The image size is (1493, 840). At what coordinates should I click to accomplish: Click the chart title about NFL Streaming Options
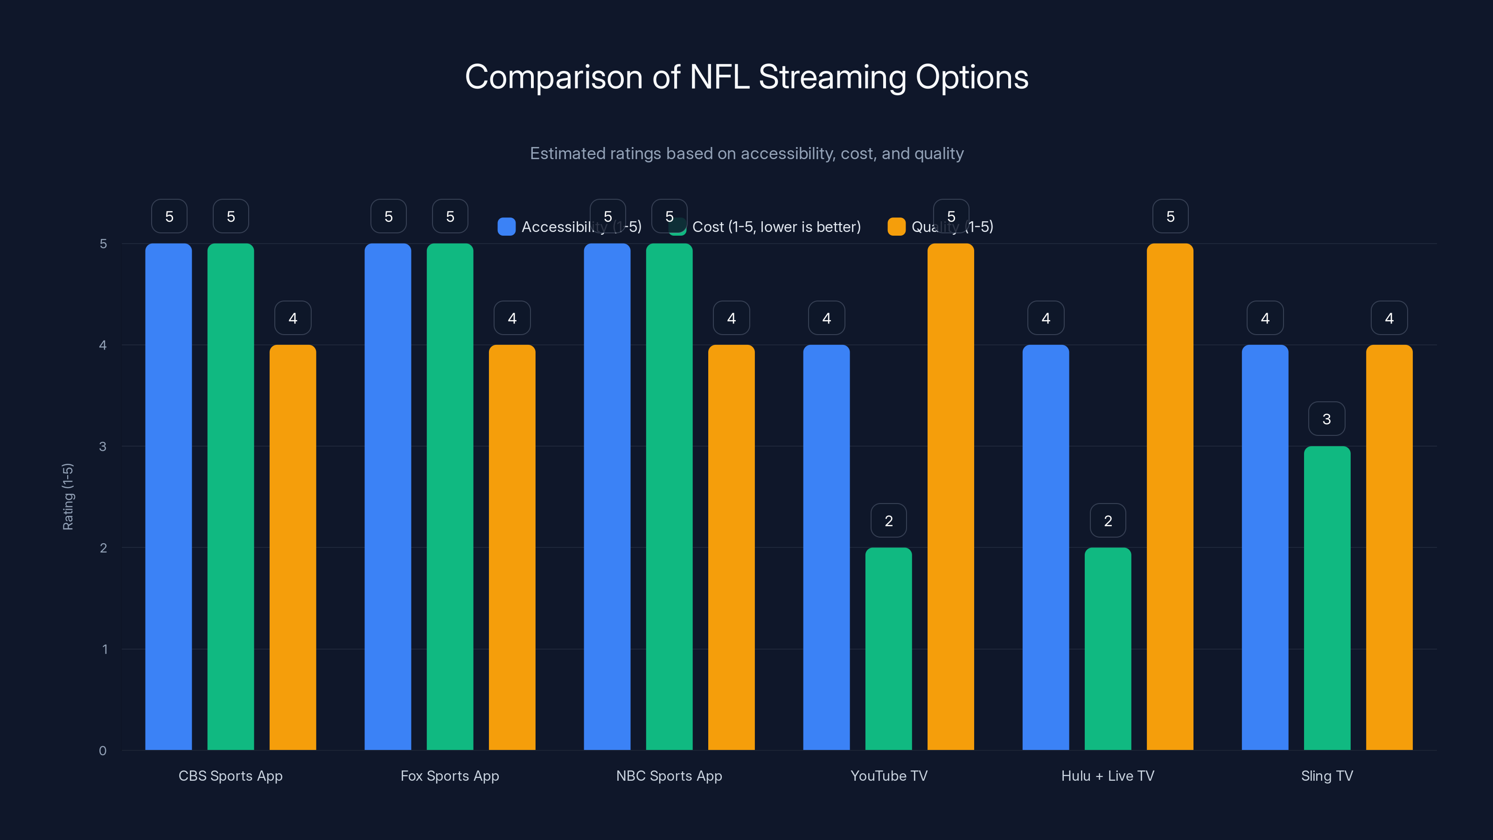pos(746,77)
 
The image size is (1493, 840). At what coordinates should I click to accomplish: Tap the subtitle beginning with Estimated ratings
pos(746,154)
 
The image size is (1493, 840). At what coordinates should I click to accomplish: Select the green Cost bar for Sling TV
pos(1326,597)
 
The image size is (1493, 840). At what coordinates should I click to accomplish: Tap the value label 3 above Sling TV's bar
pos(1326,419)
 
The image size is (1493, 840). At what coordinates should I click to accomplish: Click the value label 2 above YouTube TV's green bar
pos(888,521)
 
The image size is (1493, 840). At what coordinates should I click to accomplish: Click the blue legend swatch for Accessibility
pos(506,227)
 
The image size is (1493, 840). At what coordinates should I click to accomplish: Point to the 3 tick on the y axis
pos(103,447)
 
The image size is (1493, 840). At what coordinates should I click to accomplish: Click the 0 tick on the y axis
pos(103,751)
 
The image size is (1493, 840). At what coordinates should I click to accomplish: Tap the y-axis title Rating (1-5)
pos(68,496)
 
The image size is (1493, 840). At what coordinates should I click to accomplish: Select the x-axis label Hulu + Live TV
pos(1108,776)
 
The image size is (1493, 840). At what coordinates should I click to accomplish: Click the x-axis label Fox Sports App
pos(450,776)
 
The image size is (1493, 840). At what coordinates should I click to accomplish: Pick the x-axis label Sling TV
pos(1326,776)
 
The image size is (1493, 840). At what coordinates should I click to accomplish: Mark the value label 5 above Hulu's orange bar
pos(1170,216)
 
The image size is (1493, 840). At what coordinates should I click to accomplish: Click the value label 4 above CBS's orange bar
pos(293,318)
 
